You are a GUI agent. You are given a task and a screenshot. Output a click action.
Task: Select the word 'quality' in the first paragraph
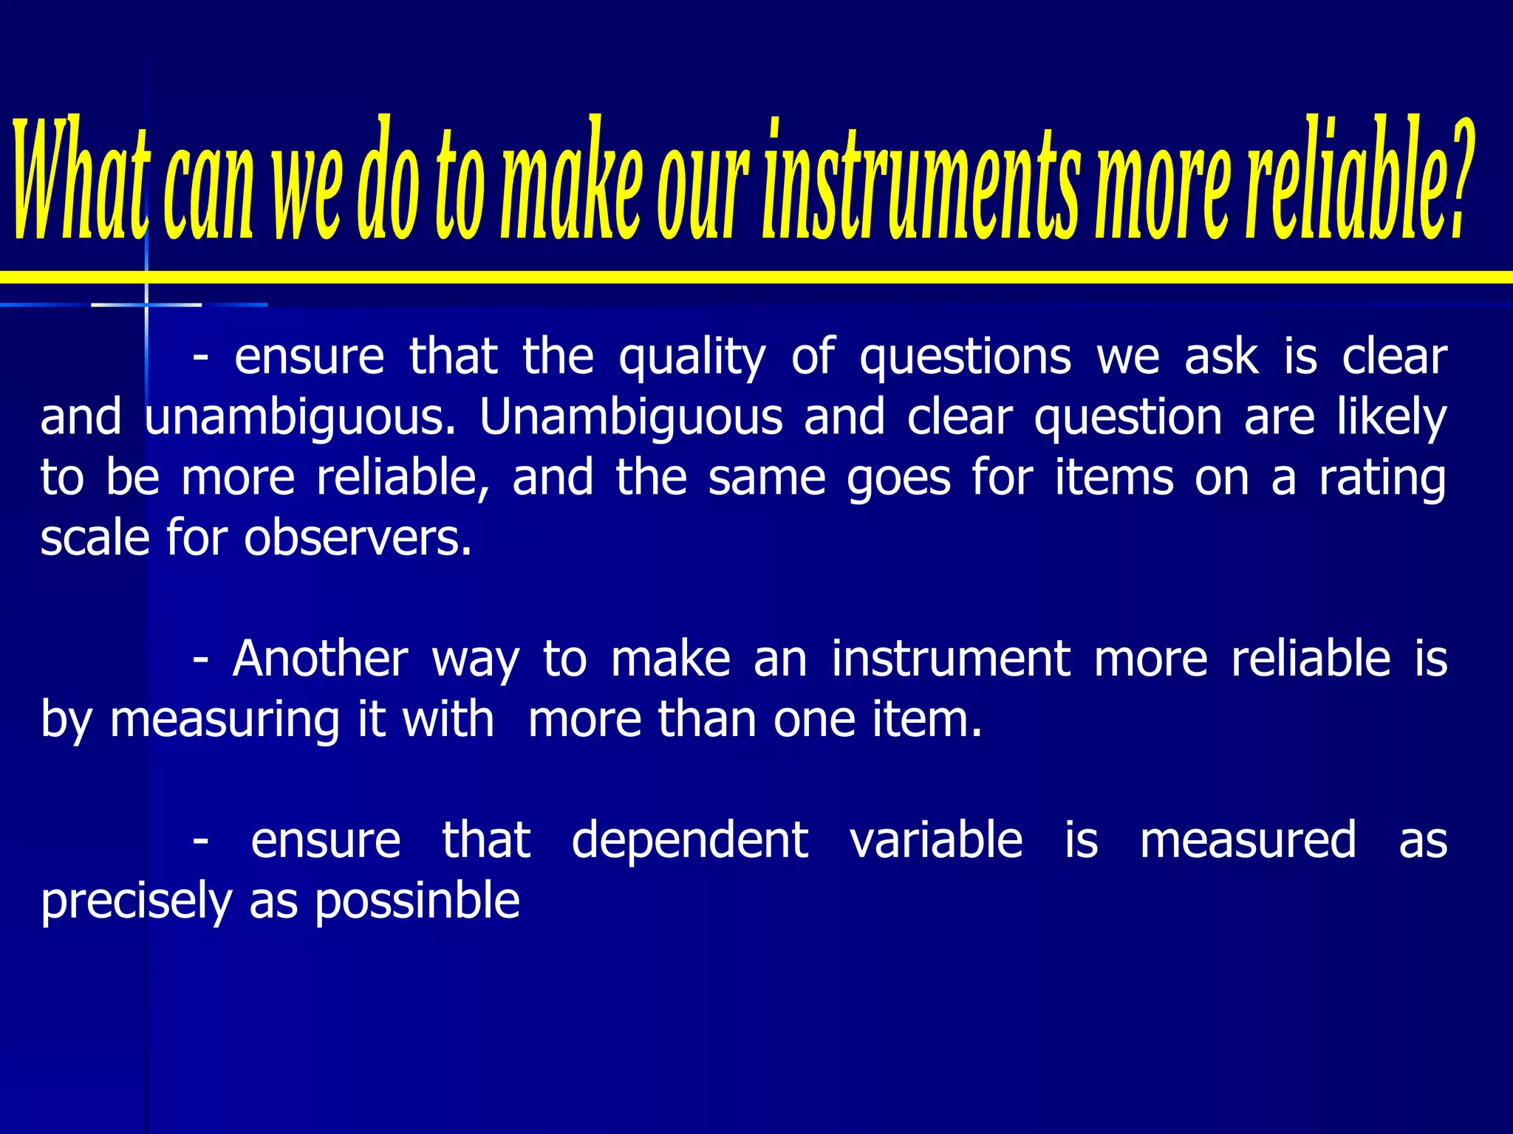tap(691, 358)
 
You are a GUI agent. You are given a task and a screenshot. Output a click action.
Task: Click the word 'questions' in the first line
tap(965, 358)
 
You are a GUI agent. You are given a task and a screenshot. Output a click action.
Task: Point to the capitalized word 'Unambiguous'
tap(630, 418)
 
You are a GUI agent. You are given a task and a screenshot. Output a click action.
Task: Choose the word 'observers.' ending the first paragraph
tap(358, 538)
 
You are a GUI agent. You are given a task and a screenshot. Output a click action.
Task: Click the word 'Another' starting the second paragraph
tap(320, 659)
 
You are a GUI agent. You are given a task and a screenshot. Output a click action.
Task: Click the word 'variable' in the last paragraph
tap(936, 840)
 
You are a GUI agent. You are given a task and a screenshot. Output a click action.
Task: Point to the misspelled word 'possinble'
tap(417, 901)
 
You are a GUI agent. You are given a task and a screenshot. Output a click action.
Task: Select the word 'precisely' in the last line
tap(137, 901)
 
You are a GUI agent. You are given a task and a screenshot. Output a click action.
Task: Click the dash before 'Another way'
tap(199, 660)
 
